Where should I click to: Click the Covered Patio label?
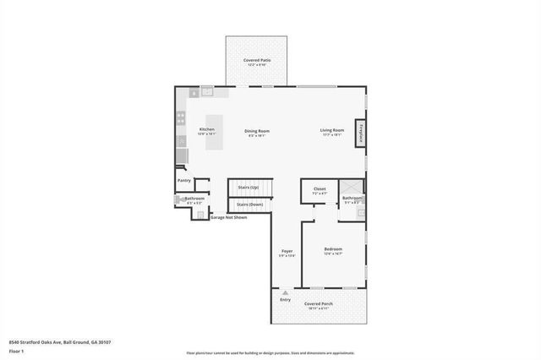click(x=256, y=61)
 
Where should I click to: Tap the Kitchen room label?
click(x=206, y=129)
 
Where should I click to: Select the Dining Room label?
click(x=257, y=131)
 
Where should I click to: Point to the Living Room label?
click(x=331, y=130)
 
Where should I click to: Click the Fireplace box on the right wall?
click(x=361, y=134)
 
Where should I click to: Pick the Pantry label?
click(x=184, y=180)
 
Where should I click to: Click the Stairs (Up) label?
click(x=249, y=188)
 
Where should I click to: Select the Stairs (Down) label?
click(x=249, y=205)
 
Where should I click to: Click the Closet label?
click(x=320, y=189)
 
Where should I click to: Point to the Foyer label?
click(x=287, y=252)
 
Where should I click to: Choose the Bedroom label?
click(x=333, y=249)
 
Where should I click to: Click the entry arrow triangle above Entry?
click(x=285, y=293)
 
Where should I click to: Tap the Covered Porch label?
click(x=319, y=303)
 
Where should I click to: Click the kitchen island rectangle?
click(x=216, y=133)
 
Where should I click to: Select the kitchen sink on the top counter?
click(x=207, y=92)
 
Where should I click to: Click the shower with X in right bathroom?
click(x=352, y=188)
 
